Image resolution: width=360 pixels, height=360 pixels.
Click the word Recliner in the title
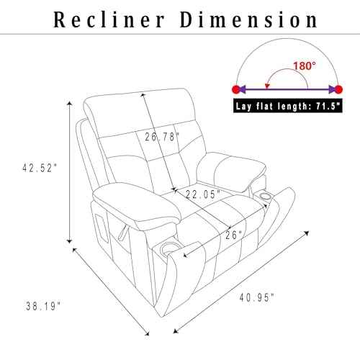point(109,19)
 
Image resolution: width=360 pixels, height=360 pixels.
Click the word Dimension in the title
point(249,19)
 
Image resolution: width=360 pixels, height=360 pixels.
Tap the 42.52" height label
point(40,168)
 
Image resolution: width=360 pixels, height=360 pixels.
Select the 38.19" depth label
point(43,306)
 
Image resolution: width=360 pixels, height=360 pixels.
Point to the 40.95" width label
point(257,297)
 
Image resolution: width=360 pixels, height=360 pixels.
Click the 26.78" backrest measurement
point(162,137)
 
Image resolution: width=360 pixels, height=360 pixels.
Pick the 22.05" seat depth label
point(203,194)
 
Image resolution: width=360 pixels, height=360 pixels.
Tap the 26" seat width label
point(234,235)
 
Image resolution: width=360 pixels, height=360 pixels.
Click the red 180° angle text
point(305,66)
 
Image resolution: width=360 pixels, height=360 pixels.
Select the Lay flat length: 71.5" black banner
point(288,106)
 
